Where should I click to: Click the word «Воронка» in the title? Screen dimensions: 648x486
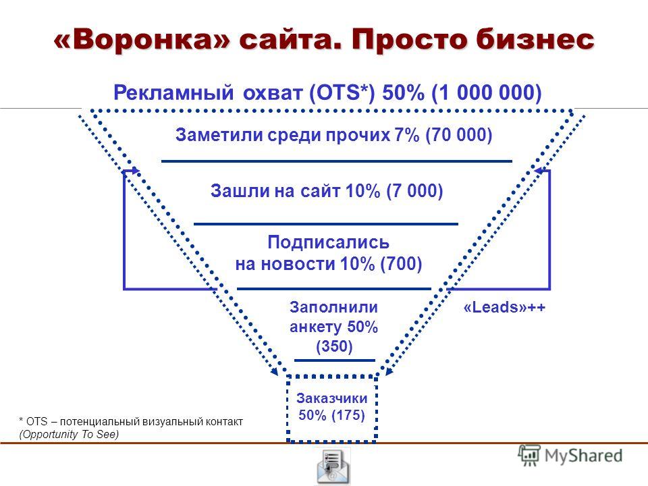141,40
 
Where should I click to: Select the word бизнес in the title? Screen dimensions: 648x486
535,40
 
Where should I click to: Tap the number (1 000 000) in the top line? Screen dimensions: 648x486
487,92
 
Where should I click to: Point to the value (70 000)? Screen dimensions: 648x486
459,135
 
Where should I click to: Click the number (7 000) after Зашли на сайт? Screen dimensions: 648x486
414,191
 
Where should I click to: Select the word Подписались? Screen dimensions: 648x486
328,242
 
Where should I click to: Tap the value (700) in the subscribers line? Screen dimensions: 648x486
401,264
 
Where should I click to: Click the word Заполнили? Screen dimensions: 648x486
333,307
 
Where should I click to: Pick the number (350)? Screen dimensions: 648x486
334,346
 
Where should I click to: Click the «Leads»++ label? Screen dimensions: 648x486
505,307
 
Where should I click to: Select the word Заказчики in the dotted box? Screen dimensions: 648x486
332,398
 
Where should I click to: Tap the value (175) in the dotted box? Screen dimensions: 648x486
348,415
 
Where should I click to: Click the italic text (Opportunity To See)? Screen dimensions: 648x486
69,434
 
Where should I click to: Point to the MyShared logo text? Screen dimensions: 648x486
583,456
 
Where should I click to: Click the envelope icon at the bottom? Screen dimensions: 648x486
333,466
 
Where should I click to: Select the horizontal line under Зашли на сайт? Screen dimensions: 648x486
326,224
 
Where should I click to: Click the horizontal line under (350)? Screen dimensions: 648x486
335,360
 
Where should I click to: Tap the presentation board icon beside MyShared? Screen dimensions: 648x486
529,456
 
